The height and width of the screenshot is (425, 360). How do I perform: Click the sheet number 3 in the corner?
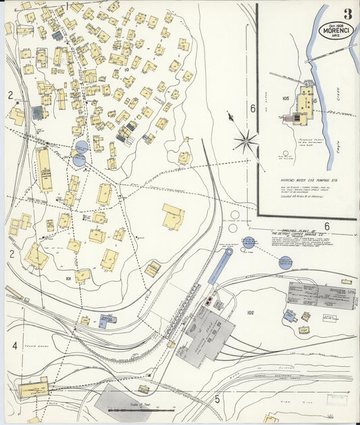tap(346, 13)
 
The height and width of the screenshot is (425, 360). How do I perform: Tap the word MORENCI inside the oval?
tap(337, 31)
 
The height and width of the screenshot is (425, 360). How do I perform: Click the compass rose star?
tap(246, 141)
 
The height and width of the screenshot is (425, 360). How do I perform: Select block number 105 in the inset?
tap(286, 98)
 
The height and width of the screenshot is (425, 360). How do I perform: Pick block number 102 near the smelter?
tap(251, 313)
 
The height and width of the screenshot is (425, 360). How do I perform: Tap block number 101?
tap(68, 277)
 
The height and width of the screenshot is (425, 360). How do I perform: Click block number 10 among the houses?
tap(126, 69)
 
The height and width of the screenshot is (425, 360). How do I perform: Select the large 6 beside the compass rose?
tap(253, 108)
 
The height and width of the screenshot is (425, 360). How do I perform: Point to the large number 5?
tap(217, 399)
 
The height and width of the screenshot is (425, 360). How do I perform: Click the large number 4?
tap(14, 345)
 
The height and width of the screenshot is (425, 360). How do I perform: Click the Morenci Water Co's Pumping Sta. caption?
tap(304, 181)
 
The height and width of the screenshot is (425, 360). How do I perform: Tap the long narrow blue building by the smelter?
tap(220, 267)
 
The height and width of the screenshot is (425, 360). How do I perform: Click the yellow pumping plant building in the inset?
tap(305, 101)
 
